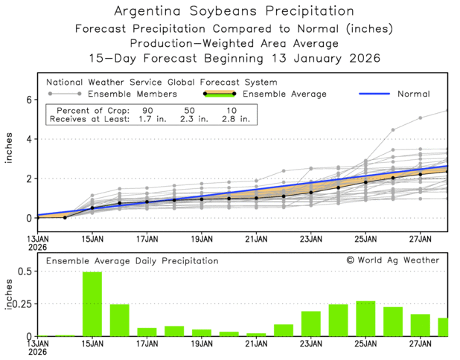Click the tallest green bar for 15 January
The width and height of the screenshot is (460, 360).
[92, 304]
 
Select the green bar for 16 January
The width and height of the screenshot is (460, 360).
[120, 321]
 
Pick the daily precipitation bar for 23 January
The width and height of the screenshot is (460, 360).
[311, 324]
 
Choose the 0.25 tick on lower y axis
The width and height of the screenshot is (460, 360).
[23, 304]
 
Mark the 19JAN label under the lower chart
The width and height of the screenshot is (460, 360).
[202, 345]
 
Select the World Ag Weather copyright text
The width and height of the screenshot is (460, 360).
[392, 260]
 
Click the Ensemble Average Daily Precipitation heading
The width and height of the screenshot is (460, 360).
[132, 261]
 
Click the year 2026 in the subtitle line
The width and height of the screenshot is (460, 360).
[362, 58]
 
